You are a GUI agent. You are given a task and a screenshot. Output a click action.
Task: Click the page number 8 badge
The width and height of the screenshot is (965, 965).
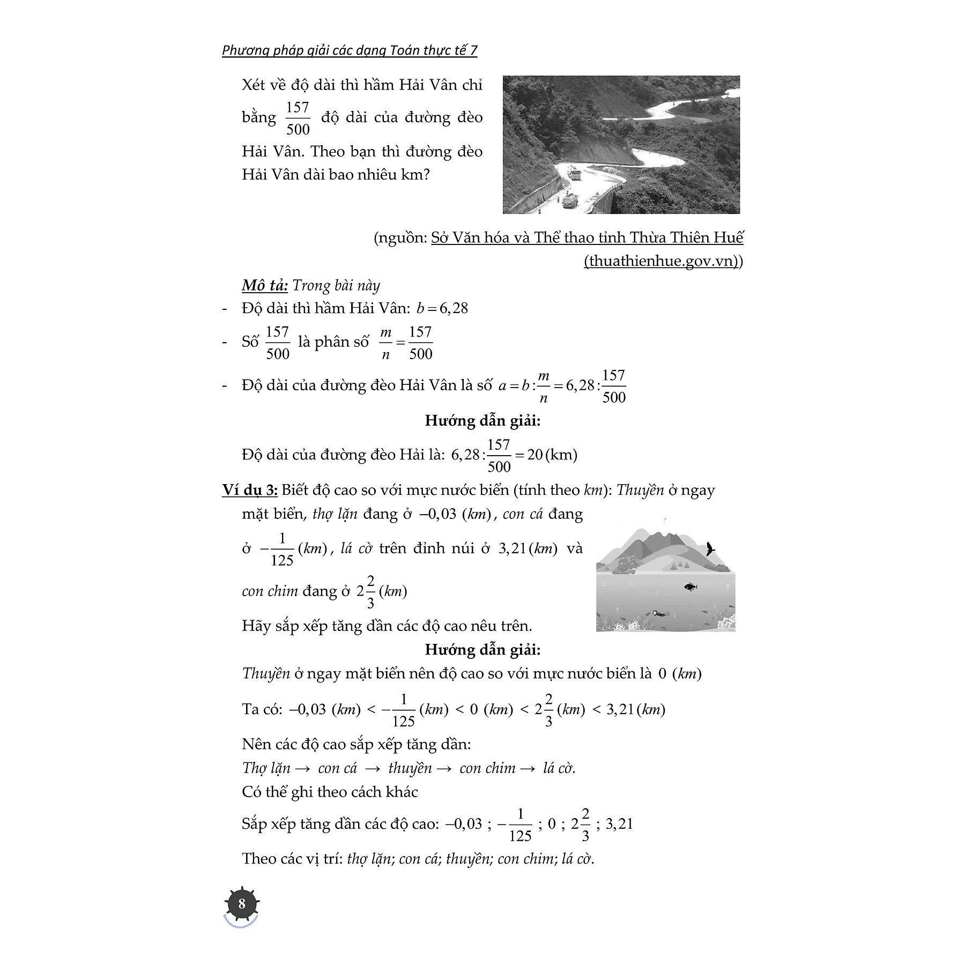[x=241, y=904]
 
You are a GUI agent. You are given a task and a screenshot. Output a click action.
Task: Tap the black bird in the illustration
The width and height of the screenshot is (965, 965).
[x=711, y=548]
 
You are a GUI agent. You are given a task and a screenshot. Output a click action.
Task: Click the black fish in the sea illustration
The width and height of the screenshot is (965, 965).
[x=691, y=587]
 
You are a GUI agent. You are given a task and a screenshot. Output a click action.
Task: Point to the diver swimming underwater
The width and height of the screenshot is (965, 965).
[x=658, y=612]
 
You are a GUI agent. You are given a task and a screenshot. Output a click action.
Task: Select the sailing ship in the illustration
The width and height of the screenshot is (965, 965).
[x=623, y=565]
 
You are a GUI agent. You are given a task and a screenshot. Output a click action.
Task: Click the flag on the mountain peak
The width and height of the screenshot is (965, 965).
[x=666, y=519]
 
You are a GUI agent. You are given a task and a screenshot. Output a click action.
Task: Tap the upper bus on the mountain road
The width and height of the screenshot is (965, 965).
[x=575, y=175]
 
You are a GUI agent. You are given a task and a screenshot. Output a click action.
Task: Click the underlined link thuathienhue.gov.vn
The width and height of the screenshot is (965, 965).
[x=662, y=261]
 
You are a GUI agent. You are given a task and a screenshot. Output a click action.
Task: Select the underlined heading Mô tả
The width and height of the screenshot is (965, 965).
[x=264, y=285]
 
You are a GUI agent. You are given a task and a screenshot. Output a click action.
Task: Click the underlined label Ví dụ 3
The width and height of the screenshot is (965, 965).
[x=249, y=489]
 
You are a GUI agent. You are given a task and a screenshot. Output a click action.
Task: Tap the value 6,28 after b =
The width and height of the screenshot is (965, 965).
[x=454, y=308]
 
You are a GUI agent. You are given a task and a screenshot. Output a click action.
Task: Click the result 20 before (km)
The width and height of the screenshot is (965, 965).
[x=535, y=455]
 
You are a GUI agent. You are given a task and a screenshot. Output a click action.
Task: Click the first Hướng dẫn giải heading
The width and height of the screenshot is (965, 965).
[x=482, y=421]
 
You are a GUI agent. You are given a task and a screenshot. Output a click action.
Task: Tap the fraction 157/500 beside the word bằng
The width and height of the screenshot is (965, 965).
[x=298, y=118]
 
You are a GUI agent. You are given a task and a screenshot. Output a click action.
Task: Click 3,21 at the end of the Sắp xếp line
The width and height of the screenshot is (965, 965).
[x=619, y=823]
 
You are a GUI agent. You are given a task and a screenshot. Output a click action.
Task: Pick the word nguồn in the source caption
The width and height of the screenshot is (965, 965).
[x=402, y=237]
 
